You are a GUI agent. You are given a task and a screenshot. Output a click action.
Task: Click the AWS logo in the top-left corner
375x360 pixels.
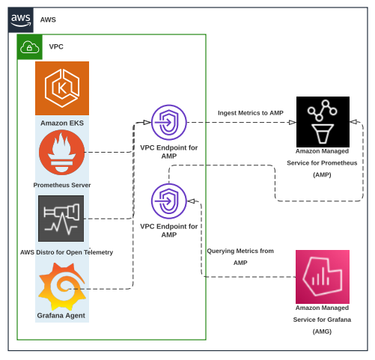tap(20, 20)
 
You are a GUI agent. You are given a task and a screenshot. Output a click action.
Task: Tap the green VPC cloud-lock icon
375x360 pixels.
tap(29, 47)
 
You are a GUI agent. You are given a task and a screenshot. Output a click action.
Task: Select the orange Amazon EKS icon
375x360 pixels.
tap(62, 88)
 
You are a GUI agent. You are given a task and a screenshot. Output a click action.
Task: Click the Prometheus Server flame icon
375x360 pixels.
tap(61, 152)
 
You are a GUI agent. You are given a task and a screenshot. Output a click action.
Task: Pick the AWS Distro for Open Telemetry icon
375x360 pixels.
tap(61, 218)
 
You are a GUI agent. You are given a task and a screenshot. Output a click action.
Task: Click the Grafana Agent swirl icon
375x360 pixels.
tap(61, 287)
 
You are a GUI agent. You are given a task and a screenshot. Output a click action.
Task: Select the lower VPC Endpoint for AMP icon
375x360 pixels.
tap(169, 201)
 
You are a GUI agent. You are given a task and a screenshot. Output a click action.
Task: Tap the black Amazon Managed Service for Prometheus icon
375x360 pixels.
tap(323, 121)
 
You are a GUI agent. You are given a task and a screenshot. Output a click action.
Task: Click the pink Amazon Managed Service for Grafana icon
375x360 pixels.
tap(323, 276)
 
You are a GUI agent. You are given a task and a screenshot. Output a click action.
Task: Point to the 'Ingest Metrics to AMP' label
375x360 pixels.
tap(251, 113)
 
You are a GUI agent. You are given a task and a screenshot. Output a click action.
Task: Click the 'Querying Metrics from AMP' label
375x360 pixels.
tap(240, 257)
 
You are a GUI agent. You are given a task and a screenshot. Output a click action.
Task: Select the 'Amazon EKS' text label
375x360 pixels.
tap(62, 122)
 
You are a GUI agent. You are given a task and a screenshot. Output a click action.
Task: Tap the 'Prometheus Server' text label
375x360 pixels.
tap(62, 185)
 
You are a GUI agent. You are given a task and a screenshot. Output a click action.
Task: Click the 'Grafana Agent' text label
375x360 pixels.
tap(62, 316)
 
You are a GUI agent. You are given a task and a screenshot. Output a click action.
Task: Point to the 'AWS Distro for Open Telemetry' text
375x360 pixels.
tap(67, 252)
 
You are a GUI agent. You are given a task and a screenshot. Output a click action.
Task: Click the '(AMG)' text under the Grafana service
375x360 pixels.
tap(322, 331)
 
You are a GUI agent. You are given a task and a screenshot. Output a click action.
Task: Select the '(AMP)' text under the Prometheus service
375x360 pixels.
tap(322, 174)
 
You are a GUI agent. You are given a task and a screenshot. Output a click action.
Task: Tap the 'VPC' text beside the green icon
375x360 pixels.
tap(56, 46)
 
